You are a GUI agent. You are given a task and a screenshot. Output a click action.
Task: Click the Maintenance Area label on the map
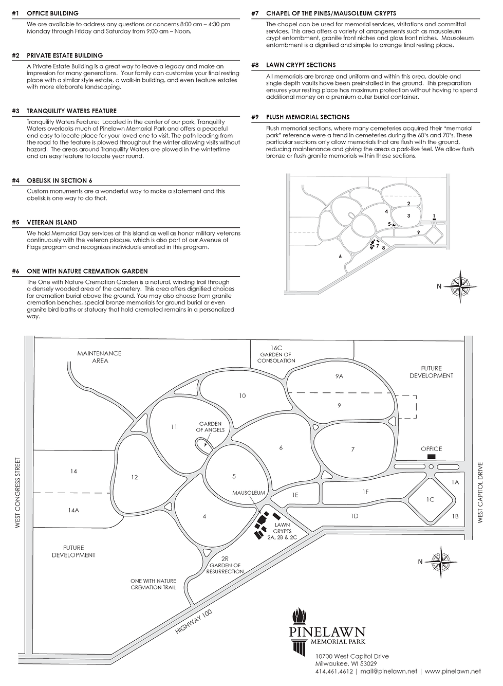coord(100,357)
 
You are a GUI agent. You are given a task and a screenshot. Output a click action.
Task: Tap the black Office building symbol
coord(431,457)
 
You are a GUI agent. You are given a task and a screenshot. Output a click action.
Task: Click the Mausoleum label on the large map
coord(249,493)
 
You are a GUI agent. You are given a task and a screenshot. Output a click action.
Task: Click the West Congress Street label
coord(17,493)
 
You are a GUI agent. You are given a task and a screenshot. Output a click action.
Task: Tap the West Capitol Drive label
coord(481,493)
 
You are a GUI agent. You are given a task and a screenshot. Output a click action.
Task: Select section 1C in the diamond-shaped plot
coord(431,499)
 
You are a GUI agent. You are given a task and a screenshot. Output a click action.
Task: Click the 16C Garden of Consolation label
coord(277,354)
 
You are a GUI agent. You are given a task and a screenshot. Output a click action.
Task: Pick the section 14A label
coord(74,510)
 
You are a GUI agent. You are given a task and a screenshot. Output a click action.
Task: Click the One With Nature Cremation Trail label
coord(153,584)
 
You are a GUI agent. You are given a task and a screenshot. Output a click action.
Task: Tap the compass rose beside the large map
coord(440,562)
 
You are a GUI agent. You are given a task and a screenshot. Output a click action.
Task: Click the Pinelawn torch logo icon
coord(299,617)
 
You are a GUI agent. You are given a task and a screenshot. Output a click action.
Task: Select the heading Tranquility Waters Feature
coord(71,111)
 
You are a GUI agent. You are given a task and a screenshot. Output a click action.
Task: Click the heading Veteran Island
coord(51,223)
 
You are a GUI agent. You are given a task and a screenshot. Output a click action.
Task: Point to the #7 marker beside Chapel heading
coord(255,13)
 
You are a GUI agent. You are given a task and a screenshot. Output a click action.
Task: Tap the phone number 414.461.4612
coord(334,671)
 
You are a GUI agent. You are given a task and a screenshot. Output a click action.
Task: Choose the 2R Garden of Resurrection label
coord(225,565)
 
